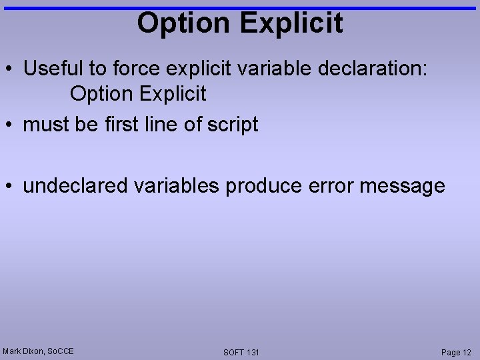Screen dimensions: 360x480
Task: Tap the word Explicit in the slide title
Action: tap(292, 23)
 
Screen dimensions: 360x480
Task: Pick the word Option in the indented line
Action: tap(101, 94)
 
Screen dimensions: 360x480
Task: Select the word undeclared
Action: tap(75, 185)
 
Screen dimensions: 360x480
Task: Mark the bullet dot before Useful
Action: tap(10, 69)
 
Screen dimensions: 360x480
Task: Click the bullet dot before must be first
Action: tap(10, 125)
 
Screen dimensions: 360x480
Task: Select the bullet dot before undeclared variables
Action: tap(10, 186)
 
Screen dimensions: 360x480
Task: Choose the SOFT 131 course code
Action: tap(241, 352)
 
